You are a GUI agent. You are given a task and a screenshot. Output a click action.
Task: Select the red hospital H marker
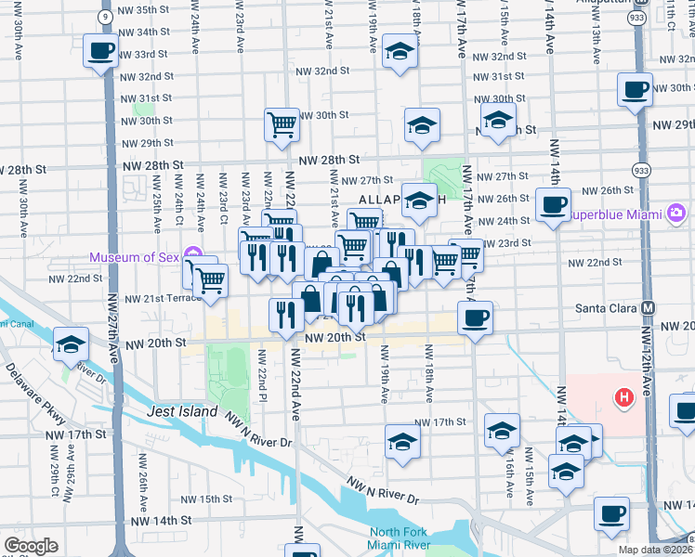(x=624, y=397)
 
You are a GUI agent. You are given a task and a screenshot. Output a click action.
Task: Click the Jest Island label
(x=182, y=411)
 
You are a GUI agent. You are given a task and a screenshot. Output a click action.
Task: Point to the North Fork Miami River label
(x=408, y=538)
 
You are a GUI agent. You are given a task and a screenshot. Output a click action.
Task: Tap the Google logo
(x=31, y=546)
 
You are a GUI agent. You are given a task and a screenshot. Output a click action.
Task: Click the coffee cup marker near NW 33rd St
(x=100, y=51)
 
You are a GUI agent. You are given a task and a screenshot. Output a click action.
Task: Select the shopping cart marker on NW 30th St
(x=282, y=123)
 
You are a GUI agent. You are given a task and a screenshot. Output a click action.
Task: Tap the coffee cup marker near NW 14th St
(x=611, y=513)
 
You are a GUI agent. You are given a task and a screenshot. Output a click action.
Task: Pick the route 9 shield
(x=106, y=17)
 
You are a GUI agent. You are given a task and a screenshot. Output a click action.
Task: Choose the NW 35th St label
(x=145, y=9)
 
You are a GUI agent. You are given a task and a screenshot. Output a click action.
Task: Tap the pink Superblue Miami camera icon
(x=676, y=214)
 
